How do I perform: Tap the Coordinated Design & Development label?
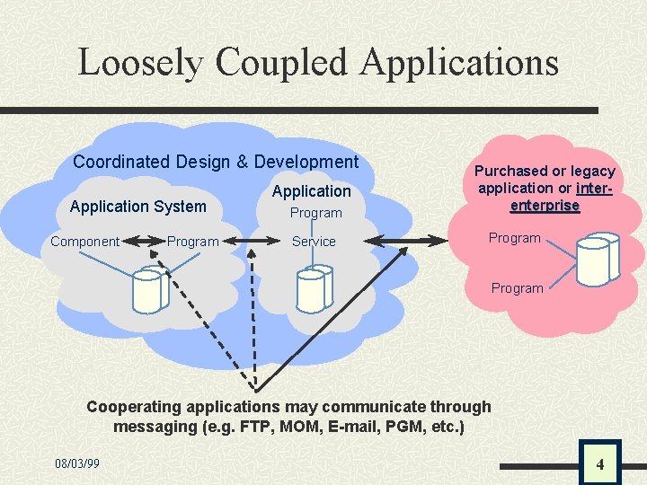(216, 163)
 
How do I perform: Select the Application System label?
(137, 207)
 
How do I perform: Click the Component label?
(85, 242)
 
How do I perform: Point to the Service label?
(314, 242)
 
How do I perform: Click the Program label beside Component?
(193, 242)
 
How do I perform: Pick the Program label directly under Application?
(315, 213)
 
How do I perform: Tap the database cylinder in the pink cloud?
(596, 259)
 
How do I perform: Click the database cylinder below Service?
(312, 287)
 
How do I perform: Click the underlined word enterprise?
(545, 206)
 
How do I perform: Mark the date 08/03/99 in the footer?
(77, 463)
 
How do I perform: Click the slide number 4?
(599, 464)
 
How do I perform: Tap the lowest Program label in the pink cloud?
(517, 288)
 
